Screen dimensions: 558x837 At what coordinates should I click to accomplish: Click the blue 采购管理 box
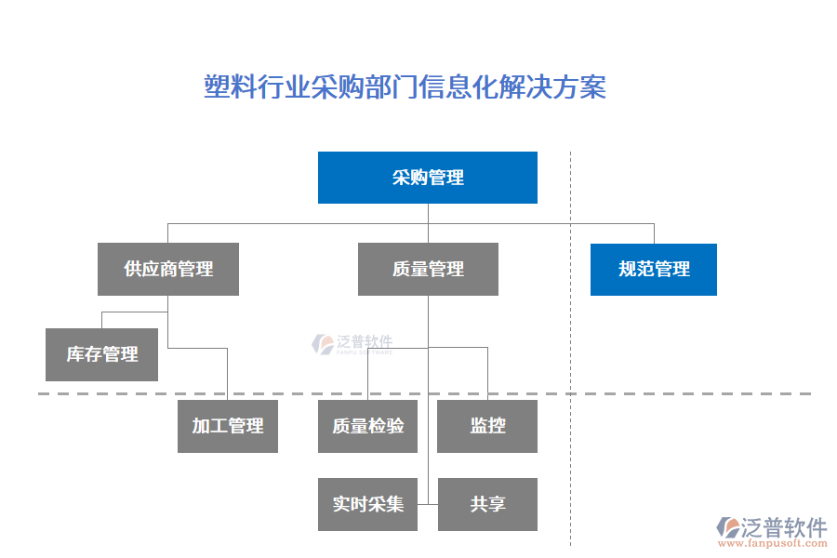[x=428, y=178]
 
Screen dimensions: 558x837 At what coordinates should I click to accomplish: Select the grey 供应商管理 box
[x=168, y=270]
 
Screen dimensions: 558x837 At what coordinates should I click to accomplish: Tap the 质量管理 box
[x=428, y=270]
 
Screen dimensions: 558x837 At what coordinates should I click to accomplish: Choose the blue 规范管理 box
[x=654, y=270]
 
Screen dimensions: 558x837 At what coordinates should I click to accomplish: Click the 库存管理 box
[x=101, y=354]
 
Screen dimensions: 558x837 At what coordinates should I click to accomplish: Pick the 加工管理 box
[x=228, y=426]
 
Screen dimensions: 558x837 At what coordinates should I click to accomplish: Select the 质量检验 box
[x=367, y=426]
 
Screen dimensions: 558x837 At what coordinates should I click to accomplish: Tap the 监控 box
[x=487, y=426]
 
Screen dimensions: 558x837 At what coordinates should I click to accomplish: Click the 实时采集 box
[x=367, y=504]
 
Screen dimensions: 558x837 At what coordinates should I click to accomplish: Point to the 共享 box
[x=487, y=504]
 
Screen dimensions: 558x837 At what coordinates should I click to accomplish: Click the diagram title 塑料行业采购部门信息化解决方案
[x=405, y=87]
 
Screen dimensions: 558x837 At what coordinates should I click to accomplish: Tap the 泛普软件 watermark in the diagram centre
[x=352, y=344]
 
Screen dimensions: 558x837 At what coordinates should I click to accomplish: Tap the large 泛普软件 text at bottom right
[x=784, y=527]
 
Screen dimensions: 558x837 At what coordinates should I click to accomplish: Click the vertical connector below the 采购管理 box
[x=428, y=213]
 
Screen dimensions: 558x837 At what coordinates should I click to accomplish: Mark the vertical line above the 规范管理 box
[x=654, y=233]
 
